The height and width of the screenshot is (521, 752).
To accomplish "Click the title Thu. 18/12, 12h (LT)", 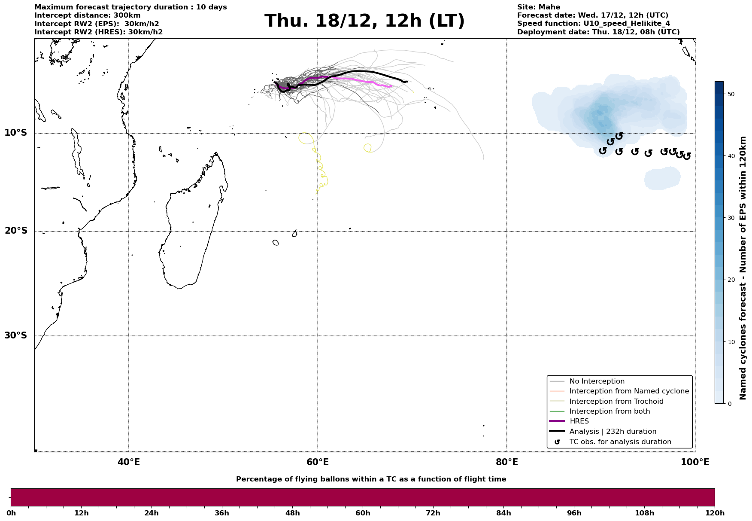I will [364, 21].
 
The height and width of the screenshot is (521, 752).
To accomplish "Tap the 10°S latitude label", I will [16, 133].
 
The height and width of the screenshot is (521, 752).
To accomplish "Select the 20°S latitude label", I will [16, 231].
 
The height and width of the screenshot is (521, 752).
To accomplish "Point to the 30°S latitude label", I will [16, 335].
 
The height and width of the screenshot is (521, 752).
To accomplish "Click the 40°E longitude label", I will [129, 462].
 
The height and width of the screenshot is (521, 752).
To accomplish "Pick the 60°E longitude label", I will [318, 462].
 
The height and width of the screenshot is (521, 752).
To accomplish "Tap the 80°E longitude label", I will [507, 462].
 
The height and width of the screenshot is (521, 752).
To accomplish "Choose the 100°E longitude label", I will [695, 462].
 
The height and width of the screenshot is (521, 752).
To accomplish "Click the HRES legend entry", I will [579, 421].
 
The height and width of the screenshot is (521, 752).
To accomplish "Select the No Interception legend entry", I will [597, 381].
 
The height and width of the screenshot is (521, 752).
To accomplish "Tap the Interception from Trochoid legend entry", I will [616, 402].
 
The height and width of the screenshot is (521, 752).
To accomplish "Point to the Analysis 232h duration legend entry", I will [613, 432].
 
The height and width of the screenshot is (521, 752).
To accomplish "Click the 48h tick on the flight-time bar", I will [292, 513].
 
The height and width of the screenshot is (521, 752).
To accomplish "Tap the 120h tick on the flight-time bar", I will [715, 513].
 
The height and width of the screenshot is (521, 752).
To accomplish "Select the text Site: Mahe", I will [538, 7].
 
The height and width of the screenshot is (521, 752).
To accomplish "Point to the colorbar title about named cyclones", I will [743, 268].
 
